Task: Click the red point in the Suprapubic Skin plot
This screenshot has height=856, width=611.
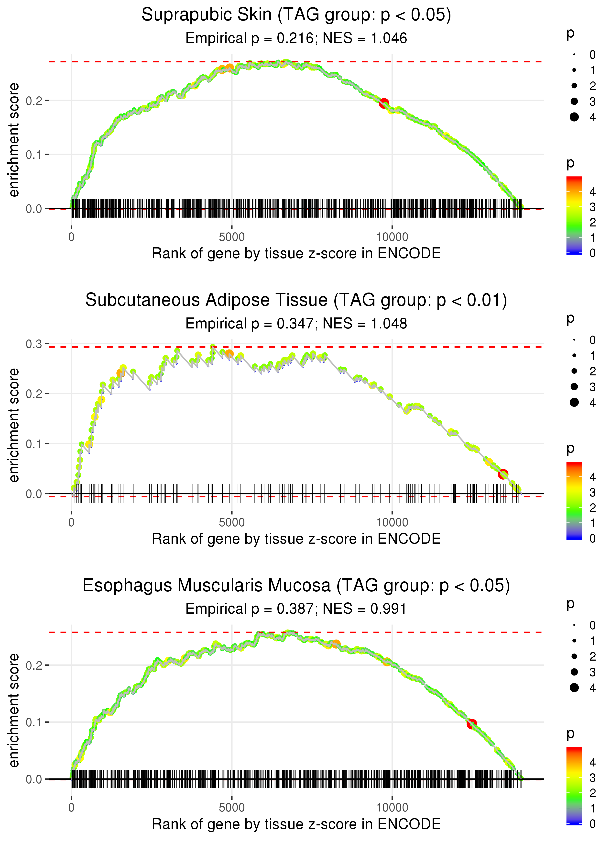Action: (x=384, y=103)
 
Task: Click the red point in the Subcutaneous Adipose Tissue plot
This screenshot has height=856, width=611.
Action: (x=503, y=474)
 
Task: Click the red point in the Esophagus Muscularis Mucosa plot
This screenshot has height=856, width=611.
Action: (x=472, y=723)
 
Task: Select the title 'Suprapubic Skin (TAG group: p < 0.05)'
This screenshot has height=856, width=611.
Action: (x=296, y=15)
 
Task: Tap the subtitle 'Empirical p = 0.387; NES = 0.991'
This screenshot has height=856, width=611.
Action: (x=296, y=609)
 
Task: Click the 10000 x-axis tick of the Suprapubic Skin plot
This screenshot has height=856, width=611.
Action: (x=392, y=237)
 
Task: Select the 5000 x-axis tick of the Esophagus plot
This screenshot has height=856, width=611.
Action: (x=232, y=808)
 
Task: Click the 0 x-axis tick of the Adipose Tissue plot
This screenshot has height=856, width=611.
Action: (x=71, y=522)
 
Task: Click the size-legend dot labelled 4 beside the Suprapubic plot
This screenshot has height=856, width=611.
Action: (x=574, y=117)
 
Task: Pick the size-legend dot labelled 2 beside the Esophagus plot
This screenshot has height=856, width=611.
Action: (x=574, y=656)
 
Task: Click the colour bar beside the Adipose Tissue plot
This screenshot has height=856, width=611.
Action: (x=574, y=501)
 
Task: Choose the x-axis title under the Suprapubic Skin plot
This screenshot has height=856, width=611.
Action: (x=296, y=253)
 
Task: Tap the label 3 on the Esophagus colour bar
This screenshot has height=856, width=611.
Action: (x=593, y=778)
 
